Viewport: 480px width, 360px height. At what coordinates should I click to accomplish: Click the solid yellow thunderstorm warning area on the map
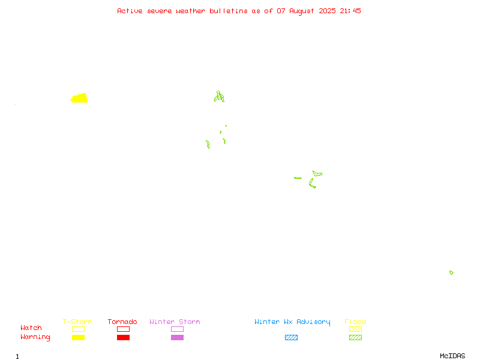(x=79, y=98)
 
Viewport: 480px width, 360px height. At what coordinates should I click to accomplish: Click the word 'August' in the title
(x=302, y=11)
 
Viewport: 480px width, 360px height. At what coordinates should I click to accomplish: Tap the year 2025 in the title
(x=327, y=11)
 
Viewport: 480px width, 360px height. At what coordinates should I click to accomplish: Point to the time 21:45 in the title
(x=350, y=11)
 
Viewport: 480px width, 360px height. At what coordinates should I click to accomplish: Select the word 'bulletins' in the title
(x=229, y=11)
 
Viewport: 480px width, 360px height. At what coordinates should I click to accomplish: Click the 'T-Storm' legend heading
(x=77, y=322)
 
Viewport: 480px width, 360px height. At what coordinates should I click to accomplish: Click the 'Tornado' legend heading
(x=122, y=322)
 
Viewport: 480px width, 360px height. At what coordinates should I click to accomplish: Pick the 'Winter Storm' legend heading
(x=175, y=322)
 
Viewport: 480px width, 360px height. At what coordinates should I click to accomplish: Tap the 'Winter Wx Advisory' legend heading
(x=292, y=322)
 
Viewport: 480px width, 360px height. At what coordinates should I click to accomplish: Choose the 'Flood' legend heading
(x=355, y=322)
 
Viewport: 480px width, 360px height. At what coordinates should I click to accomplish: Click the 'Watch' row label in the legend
(x=31, y=328)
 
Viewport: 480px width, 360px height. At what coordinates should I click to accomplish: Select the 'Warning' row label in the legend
(x=35, y=337)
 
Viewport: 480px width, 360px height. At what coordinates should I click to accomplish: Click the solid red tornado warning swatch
(x=124, y=337)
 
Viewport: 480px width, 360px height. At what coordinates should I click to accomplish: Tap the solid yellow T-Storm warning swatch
(x=79, y=337)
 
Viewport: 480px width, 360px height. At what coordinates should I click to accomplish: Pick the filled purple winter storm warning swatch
(x=177, y=337)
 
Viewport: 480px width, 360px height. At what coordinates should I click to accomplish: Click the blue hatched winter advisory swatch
(x=291, y=337)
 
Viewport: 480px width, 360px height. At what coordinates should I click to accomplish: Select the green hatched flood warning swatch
(x=355, y=337)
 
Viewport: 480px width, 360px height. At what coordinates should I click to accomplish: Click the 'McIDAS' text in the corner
(x=452, y=356)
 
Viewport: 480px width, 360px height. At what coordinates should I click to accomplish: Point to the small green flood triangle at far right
(x=451, y=272)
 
